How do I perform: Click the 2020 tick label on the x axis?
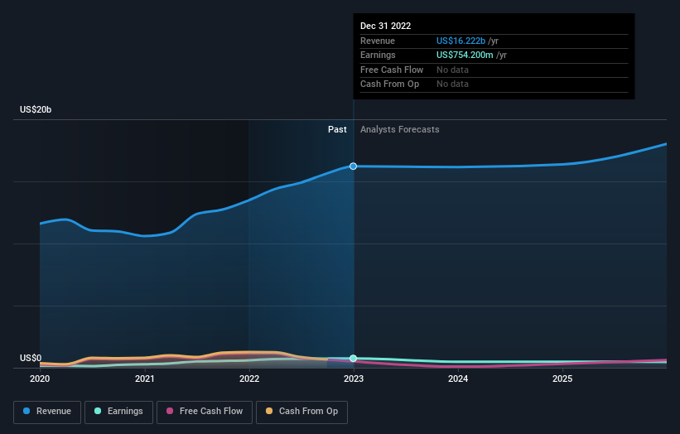[40, 379]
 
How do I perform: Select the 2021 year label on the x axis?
[144, 379]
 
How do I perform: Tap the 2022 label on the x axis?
[249, 379]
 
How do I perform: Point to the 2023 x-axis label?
[354, 379]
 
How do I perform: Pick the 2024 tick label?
[458, 379]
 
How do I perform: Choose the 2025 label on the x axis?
[562, 379]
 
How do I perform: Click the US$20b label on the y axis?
[36, 109]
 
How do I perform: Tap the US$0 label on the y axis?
[31, 358]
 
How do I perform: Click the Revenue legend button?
[47, 412]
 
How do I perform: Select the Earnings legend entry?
[118, 412]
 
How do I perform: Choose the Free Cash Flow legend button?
[205, 412]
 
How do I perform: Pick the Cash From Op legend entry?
[301, 412]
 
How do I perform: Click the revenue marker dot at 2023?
[354, 166]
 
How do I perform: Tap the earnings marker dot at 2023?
[354, 358]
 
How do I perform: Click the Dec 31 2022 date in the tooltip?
[385, 26]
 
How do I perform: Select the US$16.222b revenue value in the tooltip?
[461, 41]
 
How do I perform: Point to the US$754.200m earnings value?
[465, 55]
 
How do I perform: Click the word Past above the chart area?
[337, 129]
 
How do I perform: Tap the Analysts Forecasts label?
[400, 129]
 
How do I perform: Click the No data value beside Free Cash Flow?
[452, 70]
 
